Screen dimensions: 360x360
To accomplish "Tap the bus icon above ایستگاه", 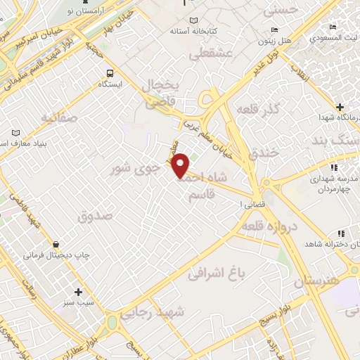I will [109, 72].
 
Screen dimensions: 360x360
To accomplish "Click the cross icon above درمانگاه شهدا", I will [340, 107].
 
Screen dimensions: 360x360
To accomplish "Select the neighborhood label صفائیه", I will [58, 117].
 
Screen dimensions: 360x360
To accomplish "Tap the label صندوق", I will [95, 216].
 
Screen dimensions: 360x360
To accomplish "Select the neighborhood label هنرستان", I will [316, 281].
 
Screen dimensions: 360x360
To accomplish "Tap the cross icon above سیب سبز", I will [77, 292].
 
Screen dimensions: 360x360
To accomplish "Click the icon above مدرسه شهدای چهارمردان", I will [333, 167].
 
